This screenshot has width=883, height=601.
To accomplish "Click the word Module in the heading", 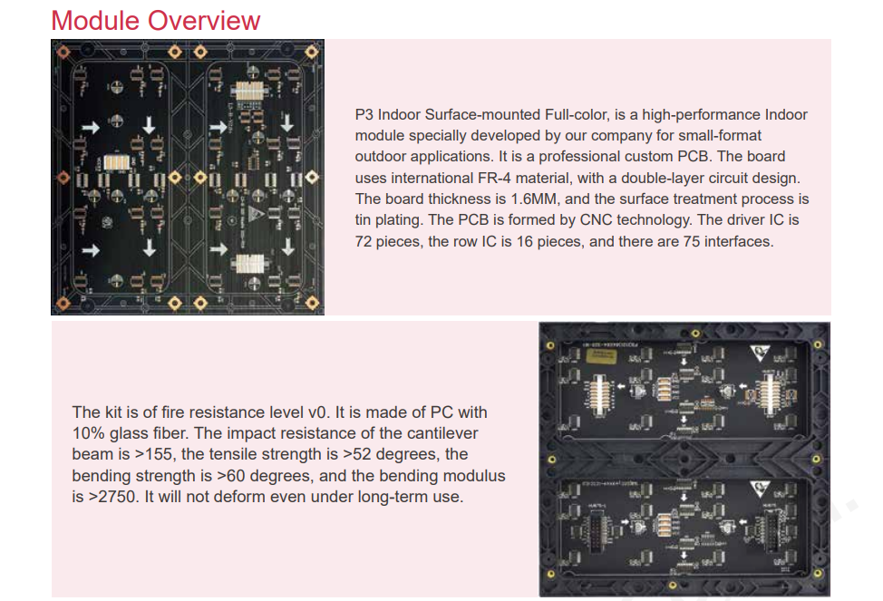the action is coord(95,21).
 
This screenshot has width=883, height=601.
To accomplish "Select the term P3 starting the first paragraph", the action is coord(364,115).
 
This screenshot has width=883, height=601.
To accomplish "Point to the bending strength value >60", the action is coord(231,476).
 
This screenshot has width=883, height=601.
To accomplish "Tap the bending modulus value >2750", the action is coord(112,497).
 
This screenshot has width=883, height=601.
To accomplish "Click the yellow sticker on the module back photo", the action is coord(601,356).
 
